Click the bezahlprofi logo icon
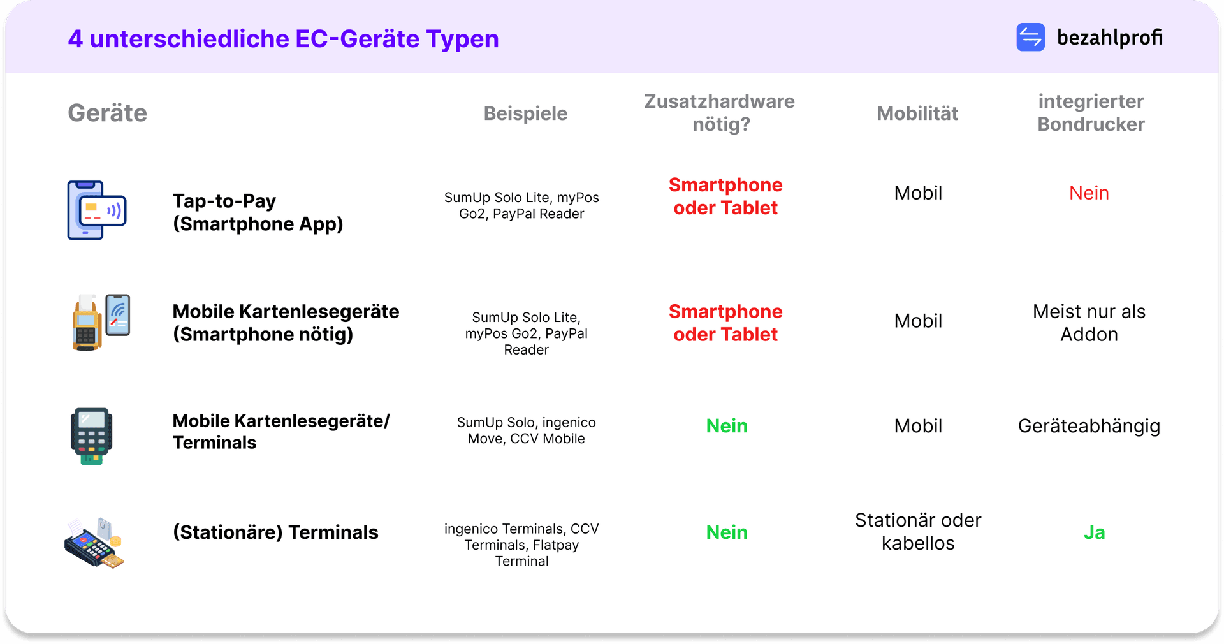tap(1030, 37)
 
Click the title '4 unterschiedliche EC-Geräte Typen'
tap(283, 39)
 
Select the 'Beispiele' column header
tap(525, 113)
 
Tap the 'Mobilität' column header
tap(917, 113)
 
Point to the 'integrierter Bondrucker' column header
tap(1091, 113)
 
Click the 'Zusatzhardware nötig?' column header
tap(720, 113)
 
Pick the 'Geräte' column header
tap(108, 113)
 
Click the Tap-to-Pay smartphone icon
tap(97, 210)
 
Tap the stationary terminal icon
tap(94, 543)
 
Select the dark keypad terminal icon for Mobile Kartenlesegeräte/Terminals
tap(91, 436)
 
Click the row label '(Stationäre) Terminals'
tap(275, 532)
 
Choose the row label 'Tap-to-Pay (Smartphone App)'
tap(258, 212)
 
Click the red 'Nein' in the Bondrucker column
tap(1089, 193)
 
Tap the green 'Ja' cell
tap(1094, 532)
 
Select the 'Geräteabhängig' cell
tap(1089, 426)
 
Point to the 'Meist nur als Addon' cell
tap(1089, 323)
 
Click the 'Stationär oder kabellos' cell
tap(918, 532)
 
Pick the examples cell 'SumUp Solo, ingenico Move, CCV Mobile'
tap(527, 430)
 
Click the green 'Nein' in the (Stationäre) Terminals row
tap(727, 532)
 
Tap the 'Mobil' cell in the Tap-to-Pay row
tap(918, 193)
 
